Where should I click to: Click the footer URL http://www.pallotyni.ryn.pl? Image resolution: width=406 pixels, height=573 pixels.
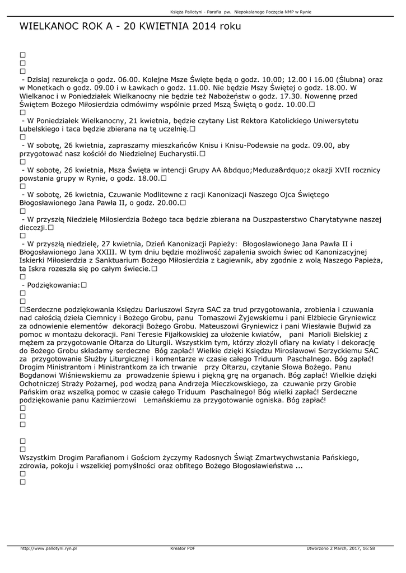click(x=48, y=548)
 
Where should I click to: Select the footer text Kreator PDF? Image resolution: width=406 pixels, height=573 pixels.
click(x=183, y=548)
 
